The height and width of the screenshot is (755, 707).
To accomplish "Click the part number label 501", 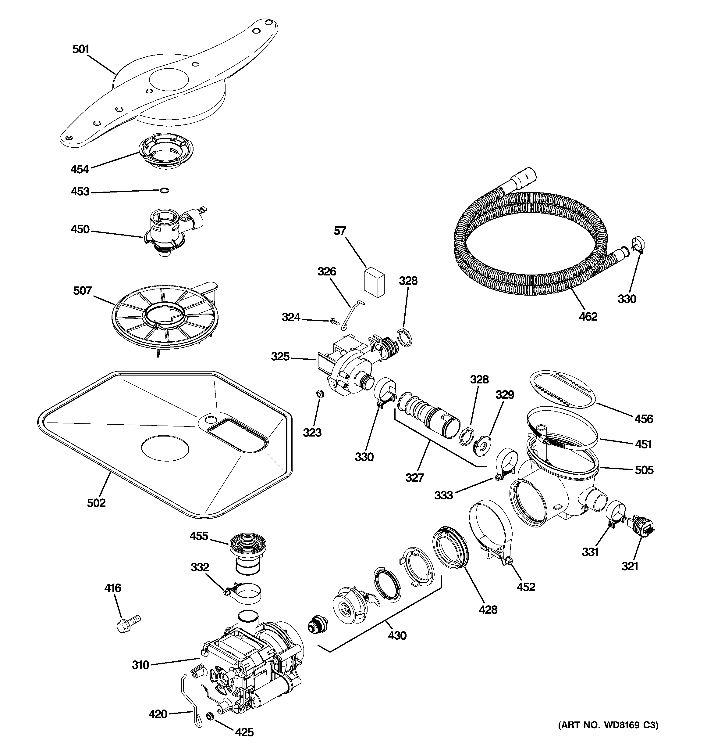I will click(x=80, y=49).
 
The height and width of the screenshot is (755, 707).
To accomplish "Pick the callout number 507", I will click(x=82, y=291).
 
